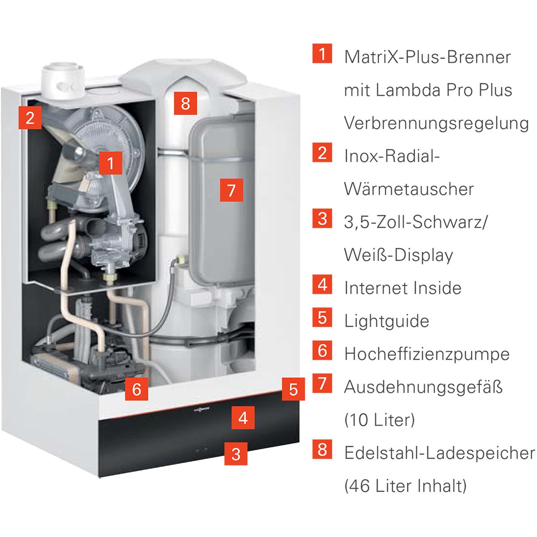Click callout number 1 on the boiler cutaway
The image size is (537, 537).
pyautogui.click(x=111, y=163)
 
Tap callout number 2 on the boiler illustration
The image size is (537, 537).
pyautogui.click(x=30, y=118)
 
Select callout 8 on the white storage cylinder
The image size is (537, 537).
pyautogui.click(x=185, y=103)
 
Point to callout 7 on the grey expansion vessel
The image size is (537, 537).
pyautogui.click(x=231, y=190)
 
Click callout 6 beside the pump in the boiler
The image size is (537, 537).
pyautogui.click(x=136, y=389)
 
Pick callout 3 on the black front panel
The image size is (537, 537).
pyautogui.click(x=236, y=454)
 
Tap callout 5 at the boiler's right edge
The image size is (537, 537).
pyautogui.click(x=293, y=389)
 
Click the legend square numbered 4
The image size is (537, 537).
pyautogui.click(x=322, y=285)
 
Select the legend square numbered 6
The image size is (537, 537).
pyautogui.click(x=322, y=350)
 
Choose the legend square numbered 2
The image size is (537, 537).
pyautogui.click(x=322, y=153)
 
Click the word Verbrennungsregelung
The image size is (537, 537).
pyautogui.click(x=436, y=124)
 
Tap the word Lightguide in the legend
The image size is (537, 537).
pyautogui.click(x=387, y=321)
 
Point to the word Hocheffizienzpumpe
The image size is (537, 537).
pyautogui.click(x=427, y=354)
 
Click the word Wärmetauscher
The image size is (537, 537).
pyautogui.click(x=409, y=189)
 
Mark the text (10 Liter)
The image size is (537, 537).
pyautogui.click(x=379, y=420)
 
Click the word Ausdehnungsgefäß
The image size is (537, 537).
pyautogui.click(x=423, y=388)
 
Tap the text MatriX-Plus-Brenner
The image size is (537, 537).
pyautogui.click(x=427, y=57)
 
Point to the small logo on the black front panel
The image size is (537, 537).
pyautogui.click(x=201, y=409)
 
